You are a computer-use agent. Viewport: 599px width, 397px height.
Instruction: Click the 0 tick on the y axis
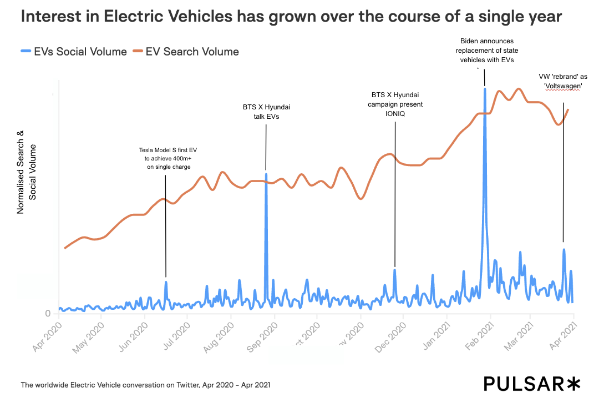(x=48, y=313)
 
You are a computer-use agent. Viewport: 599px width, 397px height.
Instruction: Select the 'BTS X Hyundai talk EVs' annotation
(x=266, y=112)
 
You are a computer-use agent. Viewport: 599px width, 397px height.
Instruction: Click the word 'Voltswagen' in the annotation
(x=563, y=86)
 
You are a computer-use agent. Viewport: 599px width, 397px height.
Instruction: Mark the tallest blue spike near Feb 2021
(x=485, y=89)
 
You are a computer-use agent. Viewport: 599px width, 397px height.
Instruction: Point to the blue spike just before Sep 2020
(x=266, y=175)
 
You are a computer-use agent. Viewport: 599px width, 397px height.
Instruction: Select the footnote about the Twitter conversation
(x=145, y=384)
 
